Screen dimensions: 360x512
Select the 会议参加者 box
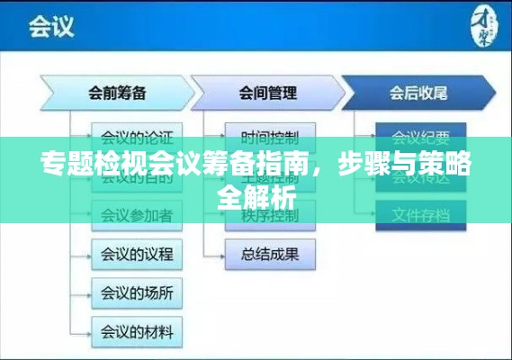[137, 215]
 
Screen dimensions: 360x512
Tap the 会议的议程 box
[137, 254]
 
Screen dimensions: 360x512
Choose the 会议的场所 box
[137, 292]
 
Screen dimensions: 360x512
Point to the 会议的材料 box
[137, 329]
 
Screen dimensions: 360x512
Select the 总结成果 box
[270, 254]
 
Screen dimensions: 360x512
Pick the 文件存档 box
[420, 215]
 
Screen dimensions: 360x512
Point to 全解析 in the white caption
[256, 196]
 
